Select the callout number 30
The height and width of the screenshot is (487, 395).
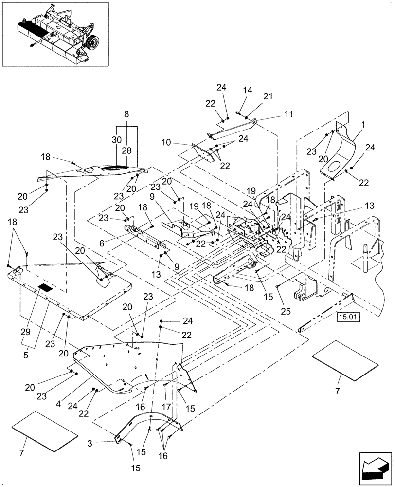(116, 139)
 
